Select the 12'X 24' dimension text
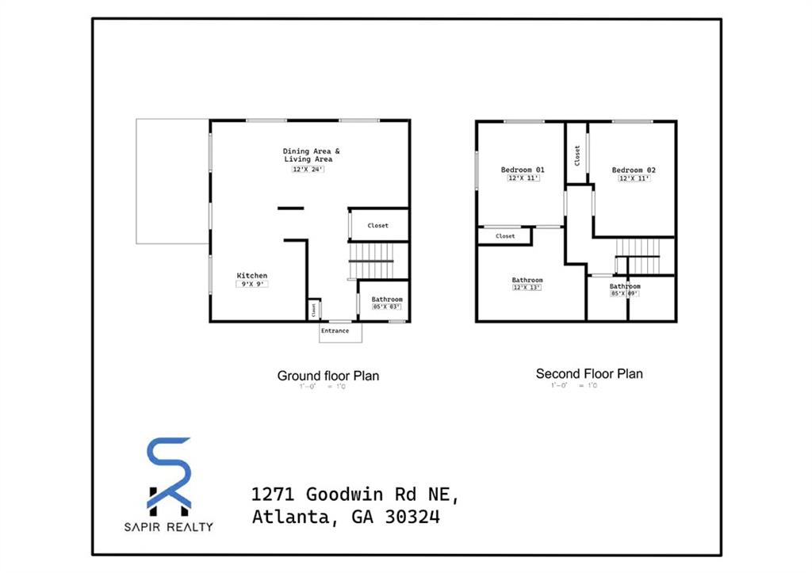[x=308, y=169]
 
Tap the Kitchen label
[x=252, y=276]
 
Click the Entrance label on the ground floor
[x=335, y=330]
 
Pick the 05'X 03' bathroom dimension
[x=387, y=307]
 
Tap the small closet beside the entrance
[x=314, y=308]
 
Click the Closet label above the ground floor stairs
[x=378, y=226]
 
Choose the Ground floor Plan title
[x=327, y=376]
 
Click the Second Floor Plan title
[x=589, y=374]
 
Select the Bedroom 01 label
[x=523, y=170]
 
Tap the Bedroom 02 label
[x=634, y=170]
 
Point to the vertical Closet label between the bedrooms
[x=577, y=155]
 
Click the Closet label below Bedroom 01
[x=505, y=236]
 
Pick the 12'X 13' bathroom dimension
[x=527, y=288]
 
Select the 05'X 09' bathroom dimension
[x=624, y=293]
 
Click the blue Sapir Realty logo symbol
[x=169, y=473]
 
